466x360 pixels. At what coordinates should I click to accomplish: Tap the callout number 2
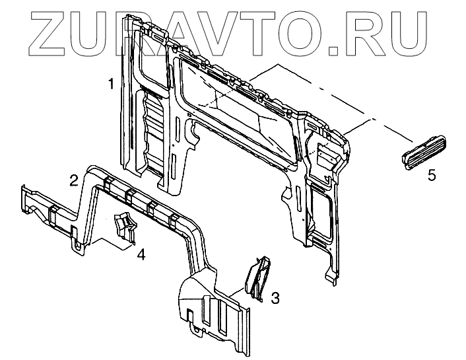tap(75, 179)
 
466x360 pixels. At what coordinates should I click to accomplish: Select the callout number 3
tap(275, 299)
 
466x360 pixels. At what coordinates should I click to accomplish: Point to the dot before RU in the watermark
tap(356, 48)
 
